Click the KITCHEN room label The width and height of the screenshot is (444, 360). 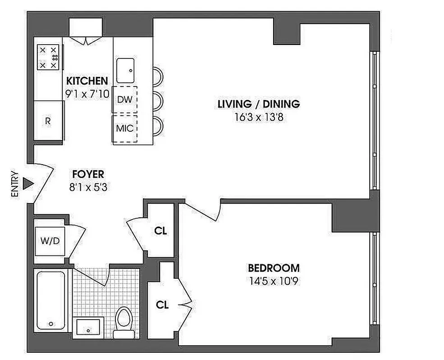coord(87,81)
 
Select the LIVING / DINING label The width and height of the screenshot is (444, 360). coord(258,104)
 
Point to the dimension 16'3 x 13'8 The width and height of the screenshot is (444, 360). coord(258,118)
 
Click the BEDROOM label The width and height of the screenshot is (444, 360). coord(274,268)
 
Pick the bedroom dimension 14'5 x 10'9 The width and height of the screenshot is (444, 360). coord(274,282)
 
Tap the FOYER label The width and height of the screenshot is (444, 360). coord(88,174)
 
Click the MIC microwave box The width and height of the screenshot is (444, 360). coord(124,128)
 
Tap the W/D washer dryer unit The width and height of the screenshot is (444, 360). coord(50,241)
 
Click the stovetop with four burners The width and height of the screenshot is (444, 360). coord(48,58)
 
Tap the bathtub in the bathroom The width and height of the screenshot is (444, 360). coord(51,301)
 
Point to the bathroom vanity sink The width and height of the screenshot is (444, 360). coord(89,327)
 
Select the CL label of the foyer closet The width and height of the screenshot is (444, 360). coord(160,231)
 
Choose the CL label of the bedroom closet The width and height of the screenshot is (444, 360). coord(162,305)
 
